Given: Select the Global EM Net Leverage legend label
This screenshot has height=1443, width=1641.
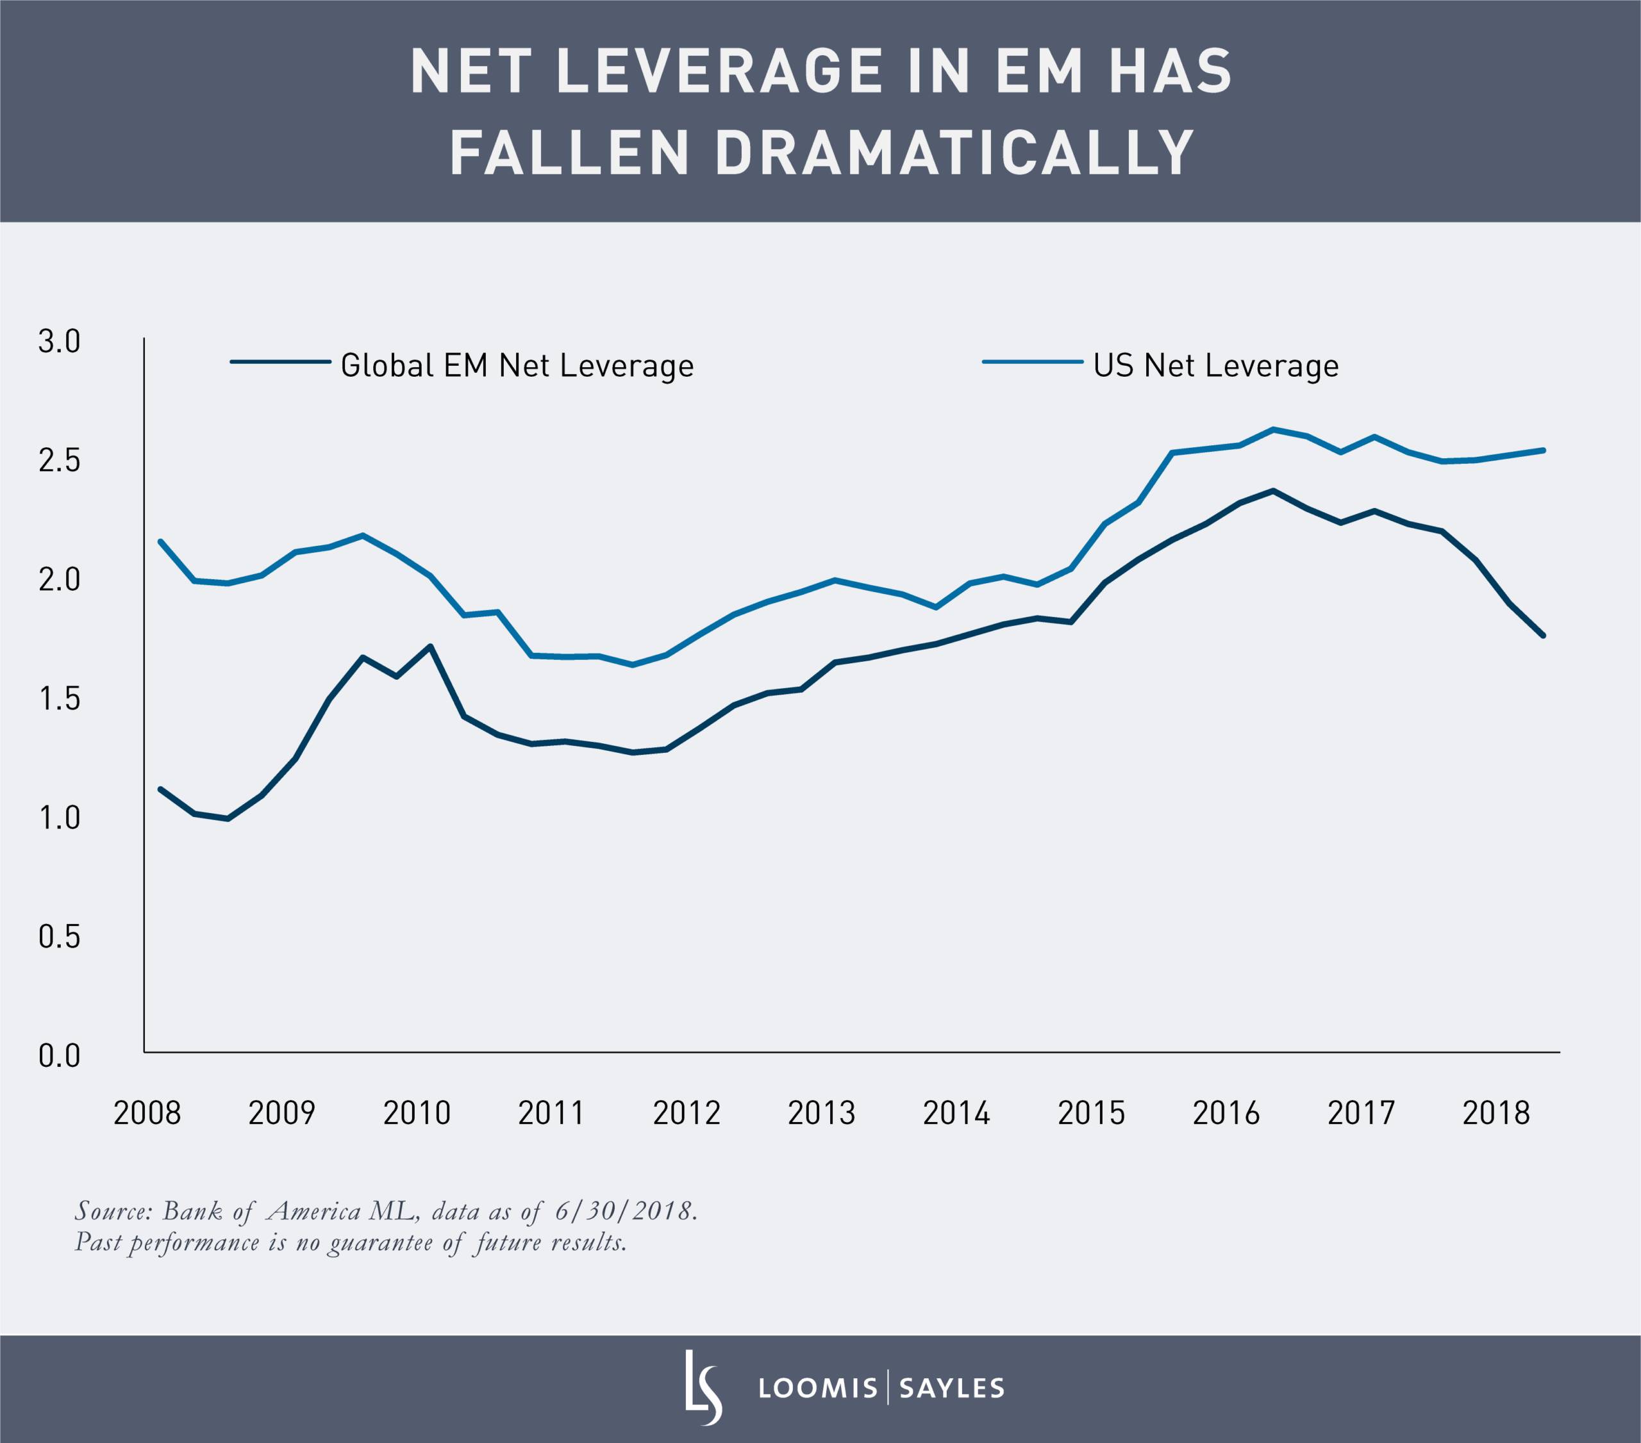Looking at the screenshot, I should [x=517, y=366].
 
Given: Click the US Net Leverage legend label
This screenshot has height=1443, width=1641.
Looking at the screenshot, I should [x=1215, y=366].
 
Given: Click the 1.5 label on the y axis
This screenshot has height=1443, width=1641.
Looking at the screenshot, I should [x=60, y=699].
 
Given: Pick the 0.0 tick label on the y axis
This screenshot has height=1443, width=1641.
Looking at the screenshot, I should [x=60, y=1056].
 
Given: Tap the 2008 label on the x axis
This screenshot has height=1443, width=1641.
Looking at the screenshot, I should [x=147, y=1113].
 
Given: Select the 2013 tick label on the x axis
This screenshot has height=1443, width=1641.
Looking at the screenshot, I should [x=821, y=1113].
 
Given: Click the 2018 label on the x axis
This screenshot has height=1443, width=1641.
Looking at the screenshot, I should [x=1495, y=1113].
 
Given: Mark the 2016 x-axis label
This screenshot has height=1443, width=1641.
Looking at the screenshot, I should [x=1226, y=1113].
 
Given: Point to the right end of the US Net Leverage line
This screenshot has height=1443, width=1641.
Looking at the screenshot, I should [x=1543, y=450].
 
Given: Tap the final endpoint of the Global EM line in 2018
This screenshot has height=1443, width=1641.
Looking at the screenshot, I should [x=1543, y=636].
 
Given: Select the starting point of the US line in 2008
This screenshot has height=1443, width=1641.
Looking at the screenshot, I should [x=160, y=541].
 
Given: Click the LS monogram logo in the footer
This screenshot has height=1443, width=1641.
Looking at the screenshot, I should [x=703, y=1388].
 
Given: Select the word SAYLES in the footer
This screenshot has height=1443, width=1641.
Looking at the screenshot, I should [x=951, y=1389].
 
